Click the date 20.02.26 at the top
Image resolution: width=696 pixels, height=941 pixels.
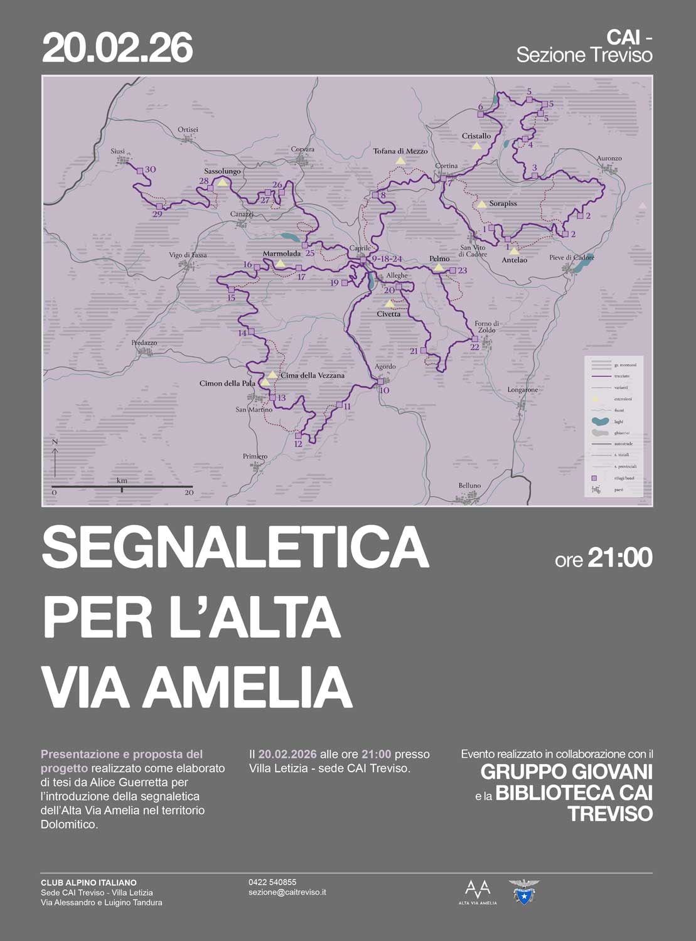[117, 49]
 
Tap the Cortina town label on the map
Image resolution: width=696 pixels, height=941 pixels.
[446, 166]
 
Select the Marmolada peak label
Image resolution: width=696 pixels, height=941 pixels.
[282, 253]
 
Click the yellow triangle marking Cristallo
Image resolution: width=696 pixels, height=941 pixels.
[476, 146]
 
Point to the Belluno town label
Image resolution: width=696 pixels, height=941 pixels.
[469, 486]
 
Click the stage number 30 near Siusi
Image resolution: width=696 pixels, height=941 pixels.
[150, 170]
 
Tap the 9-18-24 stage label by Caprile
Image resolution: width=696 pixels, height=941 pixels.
[387, 258]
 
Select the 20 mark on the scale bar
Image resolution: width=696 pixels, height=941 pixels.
[189, 492]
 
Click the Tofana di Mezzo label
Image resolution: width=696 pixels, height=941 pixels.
[400, 151]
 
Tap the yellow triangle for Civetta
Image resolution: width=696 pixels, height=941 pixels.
[390, 304]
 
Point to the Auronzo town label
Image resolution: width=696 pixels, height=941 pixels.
[609, 159]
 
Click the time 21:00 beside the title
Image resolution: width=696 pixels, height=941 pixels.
[619, 558]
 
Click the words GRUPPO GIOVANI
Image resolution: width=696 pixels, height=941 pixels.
[567, 771]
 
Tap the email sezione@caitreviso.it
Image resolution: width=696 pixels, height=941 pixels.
[287, 892]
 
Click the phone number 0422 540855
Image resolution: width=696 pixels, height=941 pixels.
[272, 882]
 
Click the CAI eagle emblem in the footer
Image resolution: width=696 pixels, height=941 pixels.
[523, 891]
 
